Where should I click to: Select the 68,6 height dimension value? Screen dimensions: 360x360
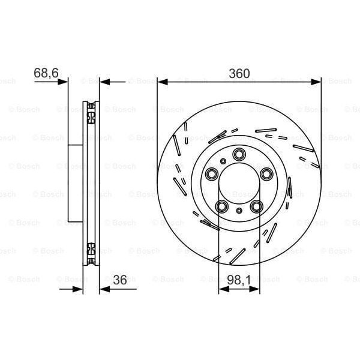(x=46, y=72)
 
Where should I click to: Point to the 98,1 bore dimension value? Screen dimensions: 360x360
(x=240, y=279)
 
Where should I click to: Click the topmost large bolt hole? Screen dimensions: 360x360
(x=239, y=153)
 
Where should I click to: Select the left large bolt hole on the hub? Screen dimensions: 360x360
(x=211, y=174)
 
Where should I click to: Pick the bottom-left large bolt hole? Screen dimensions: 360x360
(x=221, y=207)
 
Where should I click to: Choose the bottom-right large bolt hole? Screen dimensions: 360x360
(x=257, y=207)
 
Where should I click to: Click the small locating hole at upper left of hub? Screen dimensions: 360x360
(x=222, y=160)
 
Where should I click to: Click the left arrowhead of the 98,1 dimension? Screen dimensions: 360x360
(x=223, y=289)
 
